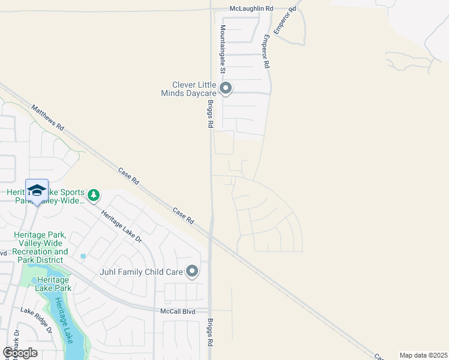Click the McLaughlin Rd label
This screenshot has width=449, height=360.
click(252, 9)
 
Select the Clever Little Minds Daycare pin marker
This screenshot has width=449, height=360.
click(226, 89)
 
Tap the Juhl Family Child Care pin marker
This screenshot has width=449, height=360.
click(192, 272)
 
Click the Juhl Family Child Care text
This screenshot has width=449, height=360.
click(140, 272)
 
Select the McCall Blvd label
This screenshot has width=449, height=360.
click(178, 311)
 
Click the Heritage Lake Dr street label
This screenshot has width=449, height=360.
click(121, 226)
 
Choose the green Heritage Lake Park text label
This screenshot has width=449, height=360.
click(54, 284)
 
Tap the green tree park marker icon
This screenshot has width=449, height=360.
click(94, 194)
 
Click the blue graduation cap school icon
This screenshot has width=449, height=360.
click(37, 190)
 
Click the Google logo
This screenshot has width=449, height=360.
click(20, 352)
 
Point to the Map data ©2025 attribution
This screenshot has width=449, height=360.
click(423, 355)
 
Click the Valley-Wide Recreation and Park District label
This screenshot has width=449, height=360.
click(41, 248)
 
